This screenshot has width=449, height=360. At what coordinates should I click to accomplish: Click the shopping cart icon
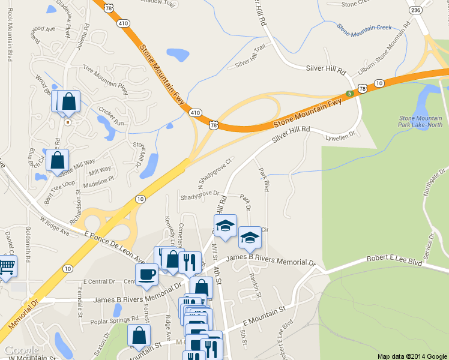pyautogui.click(x=6, y=266)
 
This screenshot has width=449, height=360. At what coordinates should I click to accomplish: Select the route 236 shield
pyautogui.click(x=415, y=10)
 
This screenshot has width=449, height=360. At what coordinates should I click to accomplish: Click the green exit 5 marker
pyautogui.click(x=349, y=94)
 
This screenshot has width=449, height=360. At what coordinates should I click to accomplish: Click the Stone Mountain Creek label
pyautogui.click(x=364, y=27)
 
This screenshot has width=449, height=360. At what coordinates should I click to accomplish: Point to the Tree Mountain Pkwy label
pyautogui.click(x=106, y=79)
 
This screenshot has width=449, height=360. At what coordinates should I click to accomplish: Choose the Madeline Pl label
pyautogui.click(x=97, y=180)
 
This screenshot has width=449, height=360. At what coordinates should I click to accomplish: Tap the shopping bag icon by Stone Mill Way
pyautogui.click(x=57, y=160)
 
